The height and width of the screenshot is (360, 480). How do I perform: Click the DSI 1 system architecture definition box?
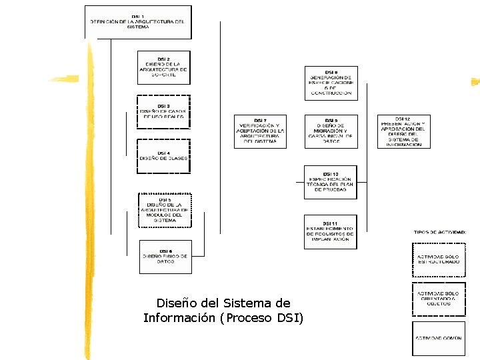138,22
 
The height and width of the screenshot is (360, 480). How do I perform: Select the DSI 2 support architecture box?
164,67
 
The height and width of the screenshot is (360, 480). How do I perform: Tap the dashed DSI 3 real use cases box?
164,112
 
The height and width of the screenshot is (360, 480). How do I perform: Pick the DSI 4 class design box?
164,156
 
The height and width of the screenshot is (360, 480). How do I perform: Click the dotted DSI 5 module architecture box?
165,210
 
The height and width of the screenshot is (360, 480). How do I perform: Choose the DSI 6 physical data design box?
165,257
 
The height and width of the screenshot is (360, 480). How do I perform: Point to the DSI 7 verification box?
260,131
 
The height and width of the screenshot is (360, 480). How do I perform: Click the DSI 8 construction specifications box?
331,83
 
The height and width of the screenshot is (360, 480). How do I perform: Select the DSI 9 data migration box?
331,131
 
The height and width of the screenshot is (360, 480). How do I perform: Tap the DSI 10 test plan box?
331,182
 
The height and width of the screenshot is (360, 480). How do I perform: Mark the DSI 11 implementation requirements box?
331,233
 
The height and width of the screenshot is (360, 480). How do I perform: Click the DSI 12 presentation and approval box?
404,131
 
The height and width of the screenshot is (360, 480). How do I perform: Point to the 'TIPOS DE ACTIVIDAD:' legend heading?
440,232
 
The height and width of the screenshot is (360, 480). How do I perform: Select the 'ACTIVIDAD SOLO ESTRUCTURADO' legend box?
439,259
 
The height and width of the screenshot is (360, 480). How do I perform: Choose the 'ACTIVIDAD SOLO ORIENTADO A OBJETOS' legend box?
438,299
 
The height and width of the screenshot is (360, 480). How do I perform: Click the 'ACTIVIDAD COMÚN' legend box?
439,338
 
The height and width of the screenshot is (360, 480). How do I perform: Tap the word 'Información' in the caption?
179,318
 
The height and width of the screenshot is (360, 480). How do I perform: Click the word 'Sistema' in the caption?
248,303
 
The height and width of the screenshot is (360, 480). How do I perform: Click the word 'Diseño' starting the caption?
175,303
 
